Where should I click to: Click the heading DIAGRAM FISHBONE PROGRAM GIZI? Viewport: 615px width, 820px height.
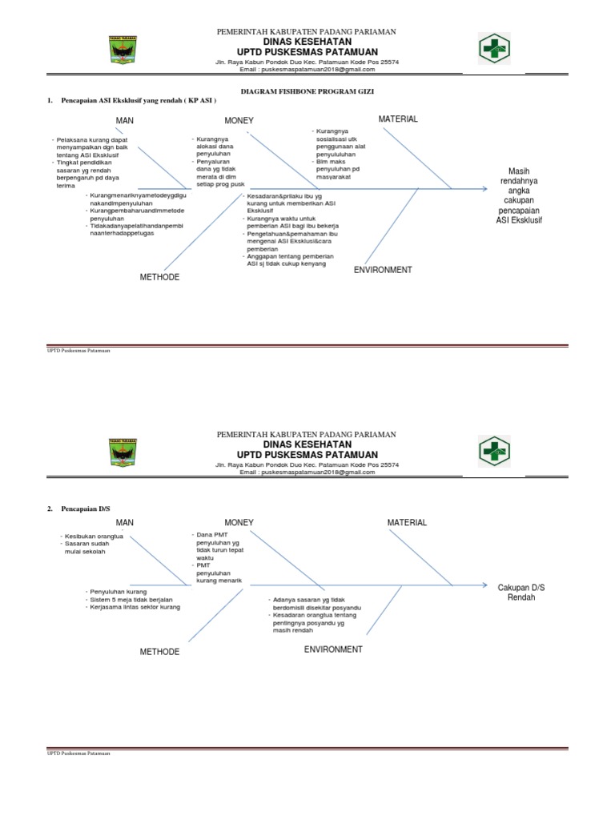307,92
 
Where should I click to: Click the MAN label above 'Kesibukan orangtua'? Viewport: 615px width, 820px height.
125,522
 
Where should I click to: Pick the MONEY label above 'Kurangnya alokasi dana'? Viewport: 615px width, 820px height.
239,121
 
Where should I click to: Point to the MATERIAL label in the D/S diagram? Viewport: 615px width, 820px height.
407,522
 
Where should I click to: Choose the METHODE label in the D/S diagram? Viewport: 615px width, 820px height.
160,652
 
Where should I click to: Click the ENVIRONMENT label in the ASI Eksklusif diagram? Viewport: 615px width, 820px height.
383,270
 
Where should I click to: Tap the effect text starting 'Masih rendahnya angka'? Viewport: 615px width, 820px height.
519,195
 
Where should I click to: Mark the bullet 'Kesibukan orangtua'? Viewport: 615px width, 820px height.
94,537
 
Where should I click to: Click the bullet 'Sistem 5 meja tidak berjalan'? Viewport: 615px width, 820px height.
131,599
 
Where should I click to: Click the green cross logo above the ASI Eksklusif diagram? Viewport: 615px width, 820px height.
494,47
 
